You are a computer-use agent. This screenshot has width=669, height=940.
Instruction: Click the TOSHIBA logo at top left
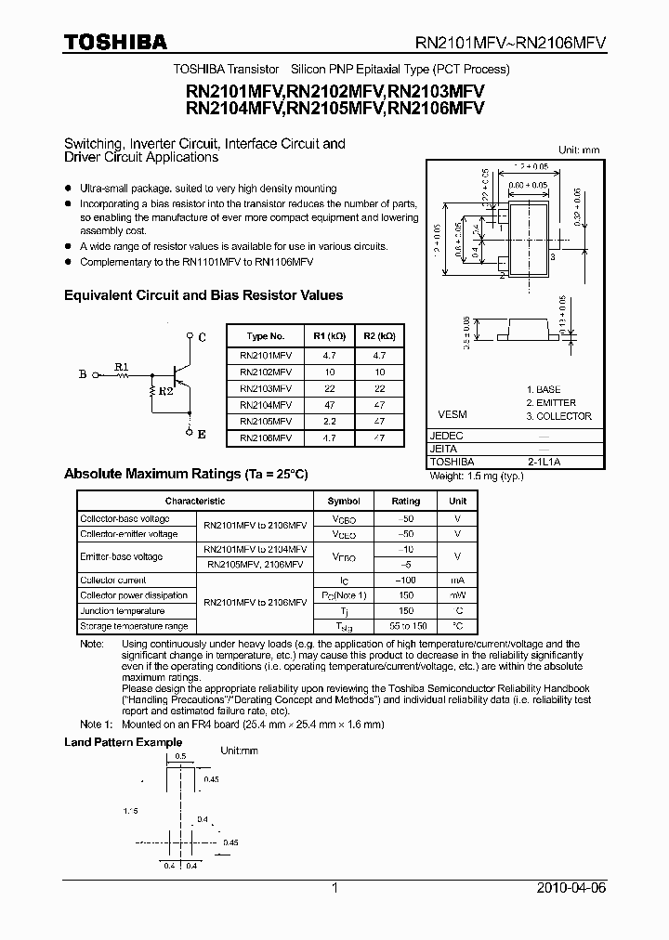[x=115, y=42]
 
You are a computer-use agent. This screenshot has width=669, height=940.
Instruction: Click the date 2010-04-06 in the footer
[x=571, y=888]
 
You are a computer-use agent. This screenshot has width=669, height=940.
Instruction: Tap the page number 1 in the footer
[x=335, y=888]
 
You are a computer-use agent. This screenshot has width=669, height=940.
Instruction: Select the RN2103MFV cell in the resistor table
[x=265, y=388]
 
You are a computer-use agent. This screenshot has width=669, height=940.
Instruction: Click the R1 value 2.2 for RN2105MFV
[x=328, y=421]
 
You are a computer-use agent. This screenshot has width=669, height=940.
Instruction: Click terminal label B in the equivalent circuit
[x=82, y=375]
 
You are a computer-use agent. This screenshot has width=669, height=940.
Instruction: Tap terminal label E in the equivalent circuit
[x=202, y=435]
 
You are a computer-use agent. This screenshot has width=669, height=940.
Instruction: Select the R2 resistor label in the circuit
[x=165, y=392]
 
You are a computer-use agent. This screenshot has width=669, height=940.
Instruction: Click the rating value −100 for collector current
[x=406, y=580]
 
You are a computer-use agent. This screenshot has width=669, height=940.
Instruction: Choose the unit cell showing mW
[x=458, y=595]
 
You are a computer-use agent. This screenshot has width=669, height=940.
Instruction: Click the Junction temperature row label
[x=122, y=611]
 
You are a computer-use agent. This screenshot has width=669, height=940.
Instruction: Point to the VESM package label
[x=453, y=414]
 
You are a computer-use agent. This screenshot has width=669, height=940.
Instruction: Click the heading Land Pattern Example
[x=123, y=742]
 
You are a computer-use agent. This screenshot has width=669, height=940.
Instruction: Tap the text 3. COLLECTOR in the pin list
[x=558, y=416]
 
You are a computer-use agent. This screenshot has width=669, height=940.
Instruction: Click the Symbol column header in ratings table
[x=343, y=501]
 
